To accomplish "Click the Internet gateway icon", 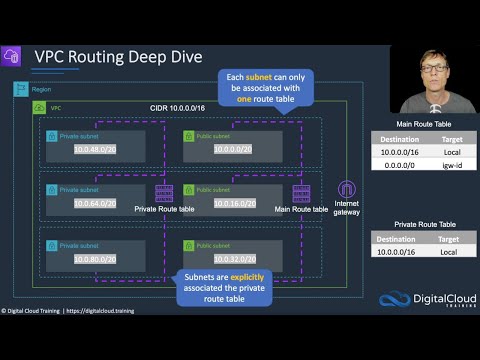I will pyautogui.click(x=347, y=191).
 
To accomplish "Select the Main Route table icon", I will pyautogui.click(x=300, y=193).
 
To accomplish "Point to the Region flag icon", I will pyautogui.click(x=19, y=89).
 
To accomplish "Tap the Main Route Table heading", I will pyautogui.click(x=417, y=124).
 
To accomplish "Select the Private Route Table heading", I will pyautogui.click(x=417, y=225).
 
